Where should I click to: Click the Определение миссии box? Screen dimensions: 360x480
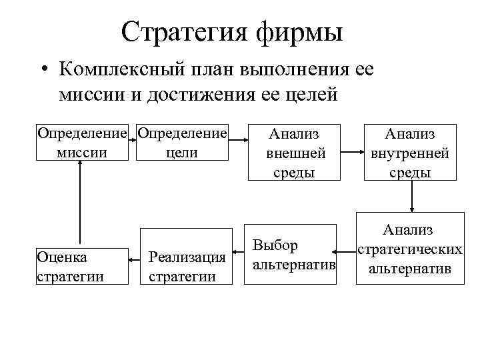tap(81, 143)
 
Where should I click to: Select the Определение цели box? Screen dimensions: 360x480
tap(181, 143)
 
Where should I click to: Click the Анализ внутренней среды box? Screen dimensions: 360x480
tap(410, 152)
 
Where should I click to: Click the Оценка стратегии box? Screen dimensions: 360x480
tap(81, 266)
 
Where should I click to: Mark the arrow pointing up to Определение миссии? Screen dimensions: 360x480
tap(81, 204)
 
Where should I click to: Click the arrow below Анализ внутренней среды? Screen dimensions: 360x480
tap(413, 196)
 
